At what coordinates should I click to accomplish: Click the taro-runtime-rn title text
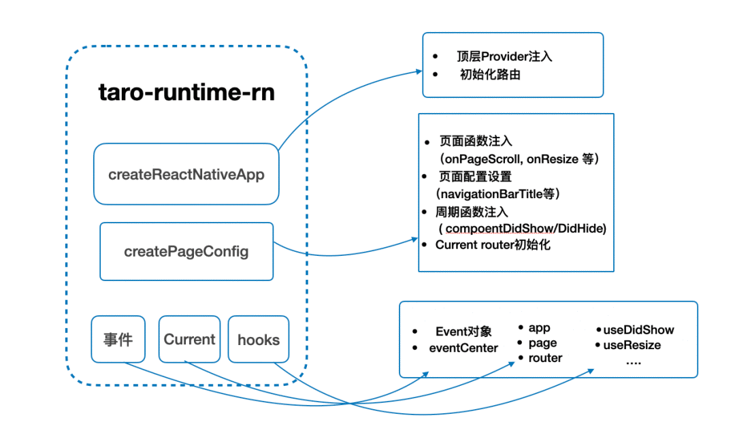pos(186,93)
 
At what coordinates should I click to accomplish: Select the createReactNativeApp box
pos(186,174)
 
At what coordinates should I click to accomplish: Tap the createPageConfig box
pos(186,252)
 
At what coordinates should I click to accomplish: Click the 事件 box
pos(118,339)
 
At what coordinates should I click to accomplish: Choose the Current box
pos(189,339)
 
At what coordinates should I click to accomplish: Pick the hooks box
pos(258,339)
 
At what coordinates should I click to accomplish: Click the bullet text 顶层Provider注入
pos(504,56)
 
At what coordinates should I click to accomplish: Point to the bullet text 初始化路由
pos(490,75)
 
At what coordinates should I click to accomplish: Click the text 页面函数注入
pos(476,142)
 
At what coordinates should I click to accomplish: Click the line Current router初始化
pos(493,245)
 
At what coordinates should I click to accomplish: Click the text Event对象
pos(462,331)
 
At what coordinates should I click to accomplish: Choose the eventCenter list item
pos(463,348)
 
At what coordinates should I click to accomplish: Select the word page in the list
pos(542,343)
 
